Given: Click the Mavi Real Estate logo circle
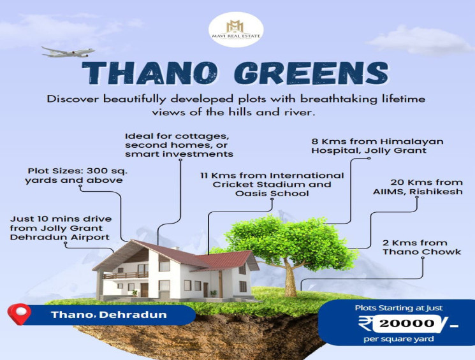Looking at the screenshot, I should pyautogui.click(x=237, y=30).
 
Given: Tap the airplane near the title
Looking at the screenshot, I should pyautogui.click(x=68, y=52).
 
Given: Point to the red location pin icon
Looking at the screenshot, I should pyautogui.click(x=18, y=315).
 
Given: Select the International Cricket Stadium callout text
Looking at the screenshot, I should pyautogui.click(x=272, y=184).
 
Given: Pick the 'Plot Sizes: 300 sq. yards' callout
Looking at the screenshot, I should pyautogui.click(x=75, y=175).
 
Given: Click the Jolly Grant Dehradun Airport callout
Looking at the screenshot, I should pyautogui.click(x=60, y=227).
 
